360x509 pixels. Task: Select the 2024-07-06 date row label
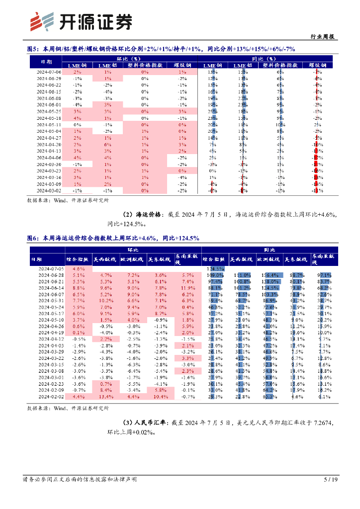click(x=49, y=72)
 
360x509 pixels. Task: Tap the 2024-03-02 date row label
click(x=49, y=190)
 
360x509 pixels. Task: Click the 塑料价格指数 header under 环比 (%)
click(x=145, y=65)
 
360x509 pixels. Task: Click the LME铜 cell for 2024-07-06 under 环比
click(x=77, y=72)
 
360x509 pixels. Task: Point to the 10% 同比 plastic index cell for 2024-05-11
click(x=280, y=125)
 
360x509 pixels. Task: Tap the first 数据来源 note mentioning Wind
click(x=68, y=200)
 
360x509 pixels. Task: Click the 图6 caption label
click(x=33, y=238)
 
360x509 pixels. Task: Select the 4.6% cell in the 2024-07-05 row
click(x=78, y=268)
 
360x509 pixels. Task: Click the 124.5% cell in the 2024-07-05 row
click(x=215, y=268)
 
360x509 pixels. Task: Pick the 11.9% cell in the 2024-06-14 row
click(x=187, y=288)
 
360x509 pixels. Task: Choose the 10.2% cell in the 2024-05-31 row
click(x=105, y=301)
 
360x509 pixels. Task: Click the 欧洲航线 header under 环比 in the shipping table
click(x=132, y=259)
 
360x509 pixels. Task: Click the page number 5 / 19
click(x=331, y=480)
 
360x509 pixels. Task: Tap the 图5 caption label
click(x=33, y=49)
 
